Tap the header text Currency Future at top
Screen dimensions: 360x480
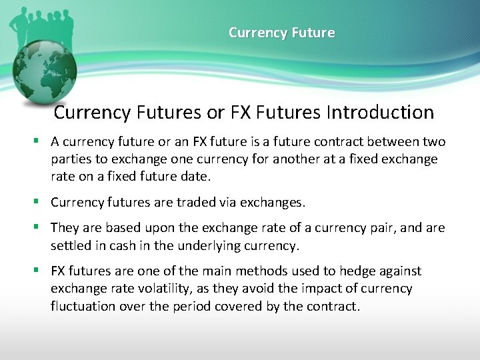click(281, 33)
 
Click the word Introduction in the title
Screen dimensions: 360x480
click(380, 112)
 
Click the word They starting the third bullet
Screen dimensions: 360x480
click(65, 228)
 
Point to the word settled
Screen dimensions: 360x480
click(71, 245)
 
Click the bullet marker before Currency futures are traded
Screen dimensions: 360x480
click(39, 202)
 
